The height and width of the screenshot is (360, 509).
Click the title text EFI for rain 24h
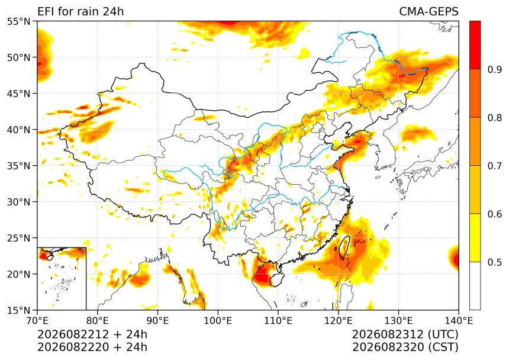pos(80,11)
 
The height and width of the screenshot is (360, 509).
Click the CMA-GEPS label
pos(429,11)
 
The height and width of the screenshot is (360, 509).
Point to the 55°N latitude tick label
pos(18,21)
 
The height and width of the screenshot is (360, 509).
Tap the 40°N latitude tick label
pos(18,130)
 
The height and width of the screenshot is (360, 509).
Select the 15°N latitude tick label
pos(18,310)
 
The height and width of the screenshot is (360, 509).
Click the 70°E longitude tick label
pos(37,321)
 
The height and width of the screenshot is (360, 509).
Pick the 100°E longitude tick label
pos(218,321)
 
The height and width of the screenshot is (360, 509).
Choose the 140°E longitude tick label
pos(459,321)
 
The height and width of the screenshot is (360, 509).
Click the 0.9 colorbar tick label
pos(495,69)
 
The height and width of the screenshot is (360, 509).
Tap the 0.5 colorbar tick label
pos(495,262)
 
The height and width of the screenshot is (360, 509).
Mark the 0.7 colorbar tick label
pos(495,166)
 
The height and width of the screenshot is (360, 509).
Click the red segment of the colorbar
pos(475,45)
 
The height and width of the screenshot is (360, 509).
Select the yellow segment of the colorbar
pos(475,237)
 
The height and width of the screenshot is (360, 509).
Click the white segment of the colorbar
pos(475,285)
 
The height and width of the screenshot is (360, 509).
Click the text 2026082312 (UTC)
pos(405,335)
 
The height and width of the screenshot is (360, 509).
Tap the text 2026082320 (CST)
pos(405,347)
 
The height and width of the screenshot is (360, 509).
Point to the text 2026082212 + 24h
pos(92,335)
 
